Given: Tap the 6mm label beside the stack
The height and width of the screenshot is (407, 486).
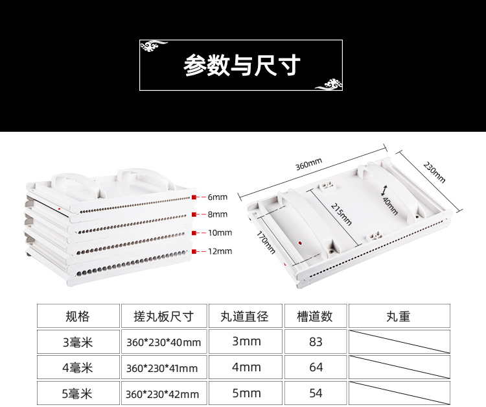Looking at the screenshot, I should pyautogui.click(x=218, y=197).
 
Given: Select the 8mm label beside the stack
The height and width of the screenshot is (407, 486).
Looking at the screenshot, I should pyautogui.click(x=218, y=214).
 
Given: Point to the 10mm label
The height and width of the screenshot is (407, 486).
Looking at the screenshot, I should pyautogui.click(x=220, y=232).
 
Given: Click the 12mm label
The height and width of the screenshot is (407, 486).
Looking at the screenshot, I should pyautogui.click(x=220, y=251).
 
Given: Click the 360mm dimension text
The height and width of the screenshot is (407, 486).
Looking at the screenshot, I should pyautogui.click(x=308, y=165).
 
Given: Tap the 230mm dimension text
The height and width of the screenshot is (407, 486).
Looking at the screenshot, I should pyautogui.click(x=434, y=172).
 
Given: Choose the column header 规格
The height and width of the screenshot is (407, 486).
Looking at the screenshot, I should pyautogui.click(x=78, y=316).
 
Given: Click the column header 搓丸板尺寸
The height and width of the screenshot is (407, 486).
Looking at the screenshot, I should pyautogui.click(x=163, y=316).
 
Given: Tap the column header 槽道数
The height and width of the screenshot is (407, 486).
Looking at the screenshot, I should pyautogui.click(x=315, y=316).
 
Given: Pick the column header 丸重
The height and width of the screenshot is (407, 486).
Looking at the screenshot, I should pyautogui.click(x=399, y=316).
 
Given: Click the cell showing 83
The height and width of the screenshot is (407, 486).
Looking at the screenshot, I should pyautogui.click(x=316, y=342).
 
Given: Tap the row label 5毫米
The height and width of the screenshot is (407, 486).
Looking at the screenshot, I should pyautogui.click(x=78, y=393).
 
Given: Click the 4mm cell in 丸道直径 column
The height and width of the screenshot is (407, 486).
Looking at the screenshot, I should pyautogui.click(x=246, y=367).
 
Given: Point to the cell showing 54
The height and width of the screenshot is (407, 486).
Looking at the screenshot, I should pyautogui.click(x=316, y=393).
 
